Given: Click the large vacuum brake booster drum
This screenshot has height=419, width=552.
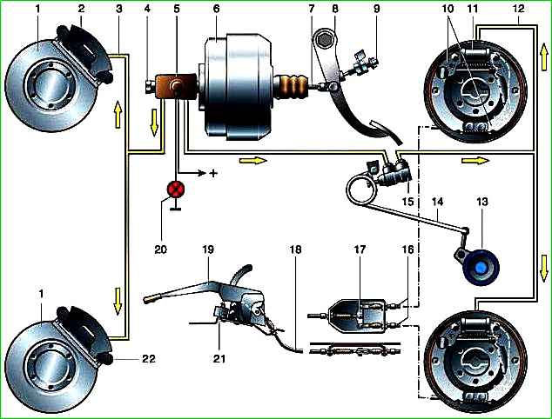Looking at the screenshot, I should click(239, 87).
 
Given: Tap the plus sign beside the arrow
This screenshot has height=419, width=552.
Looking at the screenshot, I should click(212, 175).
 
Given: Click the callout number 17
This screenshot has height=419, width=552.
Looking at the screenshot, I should click(358, 272).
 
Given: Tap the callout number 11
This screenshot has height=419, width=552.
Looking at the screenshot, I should click(475, 10).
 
